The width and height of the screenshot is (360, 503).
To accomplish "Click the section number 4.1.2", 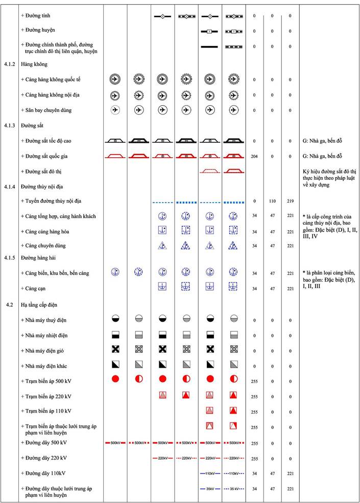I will click(9, 65).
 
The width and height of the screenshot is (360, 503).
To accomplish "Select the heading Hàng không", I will click(31, 65).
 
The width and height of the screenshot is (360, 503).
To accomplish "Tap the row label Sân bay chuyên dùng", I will click(46, 110).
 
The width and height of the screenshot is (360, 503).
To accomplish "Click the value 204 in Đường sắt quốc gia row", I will click(254, 156).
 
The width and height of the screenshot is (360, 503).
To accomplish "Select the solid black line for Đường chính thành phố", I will click(209, 46).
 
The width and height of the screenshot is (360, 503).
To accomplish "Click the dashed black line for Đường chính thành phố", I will click(233, 46).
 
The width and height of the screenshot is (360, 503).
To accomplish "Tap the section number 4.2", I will click(9, 305).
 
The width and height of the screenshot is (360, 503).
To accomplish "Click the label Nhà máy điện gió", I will click(44, 351).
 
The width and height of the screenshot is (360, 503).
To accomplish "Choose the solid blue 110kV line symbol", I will click(209, 473).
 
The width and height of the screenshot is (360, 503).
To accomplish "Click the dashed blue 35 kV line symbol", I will click(233, 489).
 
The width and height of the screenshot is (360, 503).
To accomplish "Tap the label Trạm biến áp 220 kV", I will click(46, 396).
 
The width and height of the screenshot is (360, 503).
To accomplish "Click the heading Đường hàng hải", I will click(38, 258).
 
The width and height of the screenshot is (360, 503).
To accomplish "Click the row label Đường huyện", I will click(38, 31).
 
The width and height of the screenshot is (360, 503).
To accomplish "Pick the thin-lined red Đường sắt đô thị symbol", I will click(209, 171).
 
